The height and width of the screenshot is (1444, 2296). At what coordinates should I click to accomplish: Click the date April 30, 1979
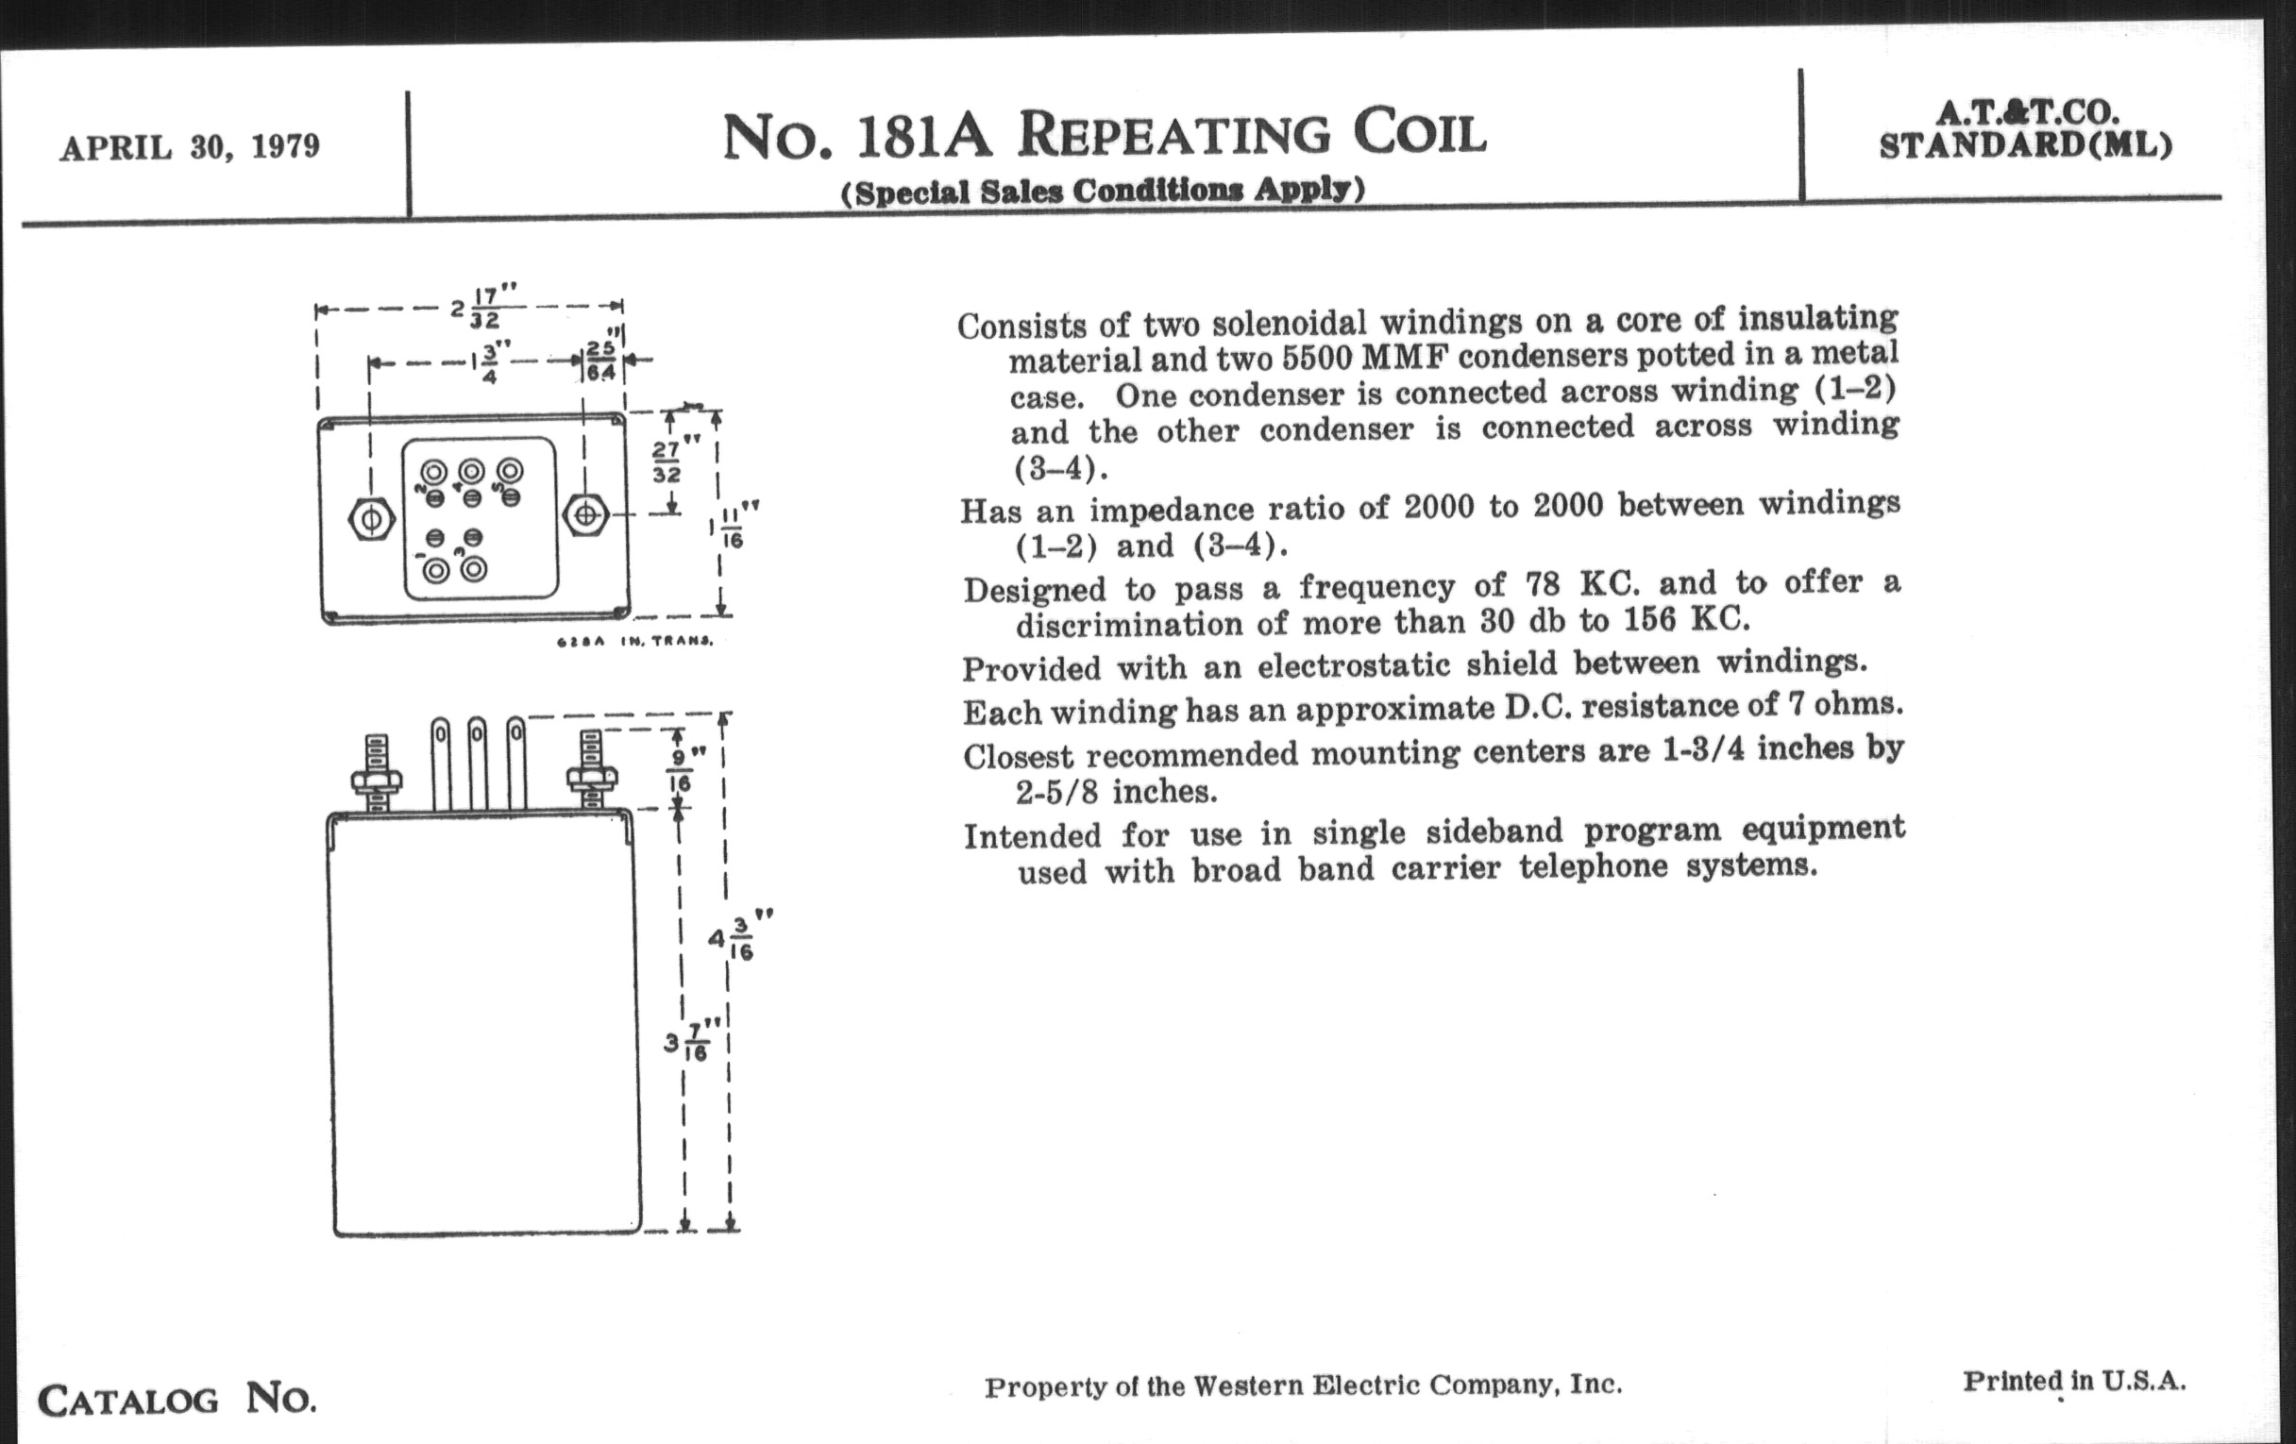(x=190, y=148)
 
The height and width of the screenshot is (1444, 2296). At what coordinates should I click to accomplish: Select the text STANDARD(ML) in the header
(x=2025, y=146)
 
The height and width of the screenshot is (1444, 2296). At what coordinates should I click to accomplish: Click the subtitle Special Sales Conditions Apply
(x=1103, y=191)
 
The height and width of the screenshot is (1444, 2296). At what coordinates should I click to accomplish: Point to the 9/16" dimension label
(x=680, y=769)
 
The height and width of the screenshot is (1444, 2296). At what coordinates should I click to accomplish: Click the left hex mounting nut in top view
(x=370, y=518)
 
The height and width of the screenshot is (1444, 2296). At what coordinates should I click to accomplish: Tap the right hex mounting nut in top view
(x=585, y=514)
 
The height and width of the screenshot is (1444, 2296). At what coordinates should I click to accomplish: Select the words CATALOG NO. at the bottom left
(x=177, y=1400)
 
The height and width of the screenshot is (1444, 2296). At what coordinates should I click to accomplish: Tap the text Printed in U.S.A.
(x=2074, y=1381)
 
